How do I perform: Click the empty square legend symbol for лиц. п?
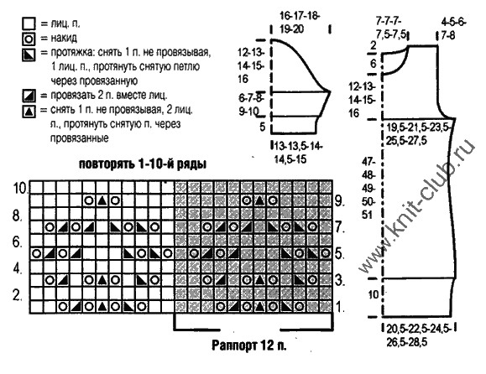[x=29, y=23]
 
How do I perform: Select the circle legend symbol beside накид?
[x=29, y=39]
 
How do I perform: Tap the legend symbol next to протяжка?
[x=29, y=55]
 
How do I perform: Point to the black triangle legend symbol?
[x=29, y=112]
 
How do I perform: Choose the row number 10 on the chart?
[x=21, y=188]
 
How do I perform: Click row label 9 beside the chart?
[x=340, y=201]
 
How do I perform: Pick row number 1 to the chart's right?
[x=340, y=307]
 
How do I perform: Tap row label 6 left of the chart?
[x=17, y=242]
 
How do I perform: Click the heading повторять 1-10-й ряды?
[x=143, y=164]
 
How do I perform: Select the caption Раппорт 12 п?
[x=249, y=345]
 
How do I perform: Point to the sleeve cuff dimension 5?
[x=263, y=127]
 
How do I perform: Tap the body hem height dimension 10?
[x=374, y=294]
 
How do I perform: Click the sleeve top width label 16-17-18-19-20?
[x=300, y=23]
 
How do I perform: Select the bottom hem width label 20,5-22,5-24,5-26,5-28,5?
[x=419, y=335]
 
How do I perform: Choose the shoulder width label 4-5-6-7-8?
[x=454, y=29]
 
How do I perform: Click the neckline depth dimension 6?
[x=374, y=64]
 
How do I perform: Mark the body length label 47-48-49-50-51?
[x=368, y=188]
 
